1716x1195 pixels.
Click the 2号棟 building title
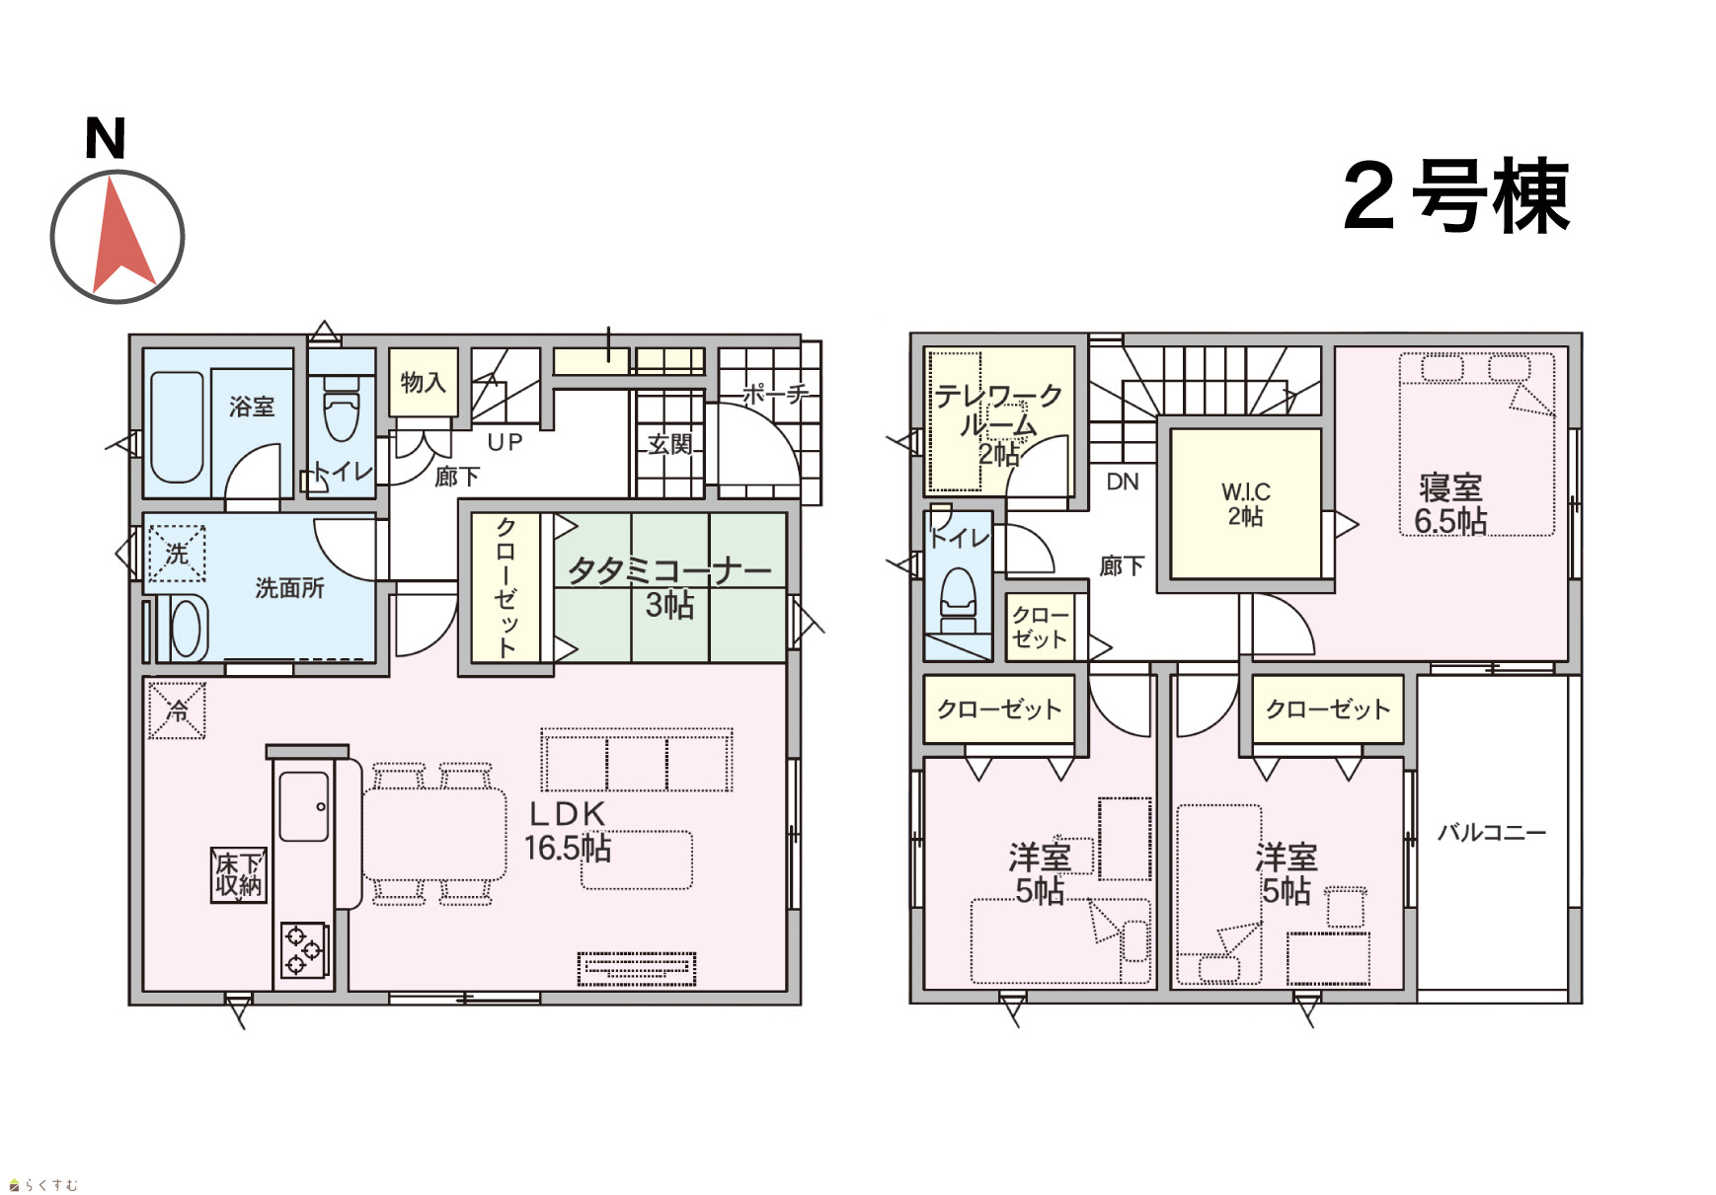click(x=1456, y=196)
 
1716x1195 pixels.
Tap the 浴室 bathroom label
click(x=252, y=406)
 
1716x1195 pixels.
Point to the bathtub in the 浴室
click(x=177, y=426)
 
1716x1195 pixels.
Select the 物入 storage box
click(x=424, y=383)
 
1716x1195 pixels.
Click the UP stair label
click(x=505, y=442)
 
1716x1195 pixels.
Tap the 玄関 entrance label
click(x=670, y=444)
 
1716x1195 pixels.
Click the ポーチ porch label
click(x=775, y=394)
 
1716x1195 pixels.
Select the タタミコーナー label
click(x=669, y=570)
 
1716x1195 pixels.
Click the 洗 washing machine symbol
click(x=177, y=554)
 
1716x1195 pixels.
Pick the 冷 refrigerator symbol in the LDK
click(x=178, y=710)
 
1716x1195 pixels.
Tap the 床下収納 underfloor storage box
click(x=239, y=874)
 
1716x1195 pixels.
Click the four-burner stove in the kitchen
click(x=304, y=949)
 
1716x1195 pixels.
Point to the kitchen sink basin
click(x=304, y=806)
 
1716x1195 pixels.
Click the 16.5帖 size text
click(x=568, y=848)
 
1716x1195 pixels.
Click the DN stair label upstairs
click(x=1123, y=482)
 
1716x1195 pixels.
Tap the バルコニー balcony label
click(x=1492, y=832)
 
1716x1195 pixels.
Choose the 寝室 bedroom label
click(x=1450, y=487)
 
